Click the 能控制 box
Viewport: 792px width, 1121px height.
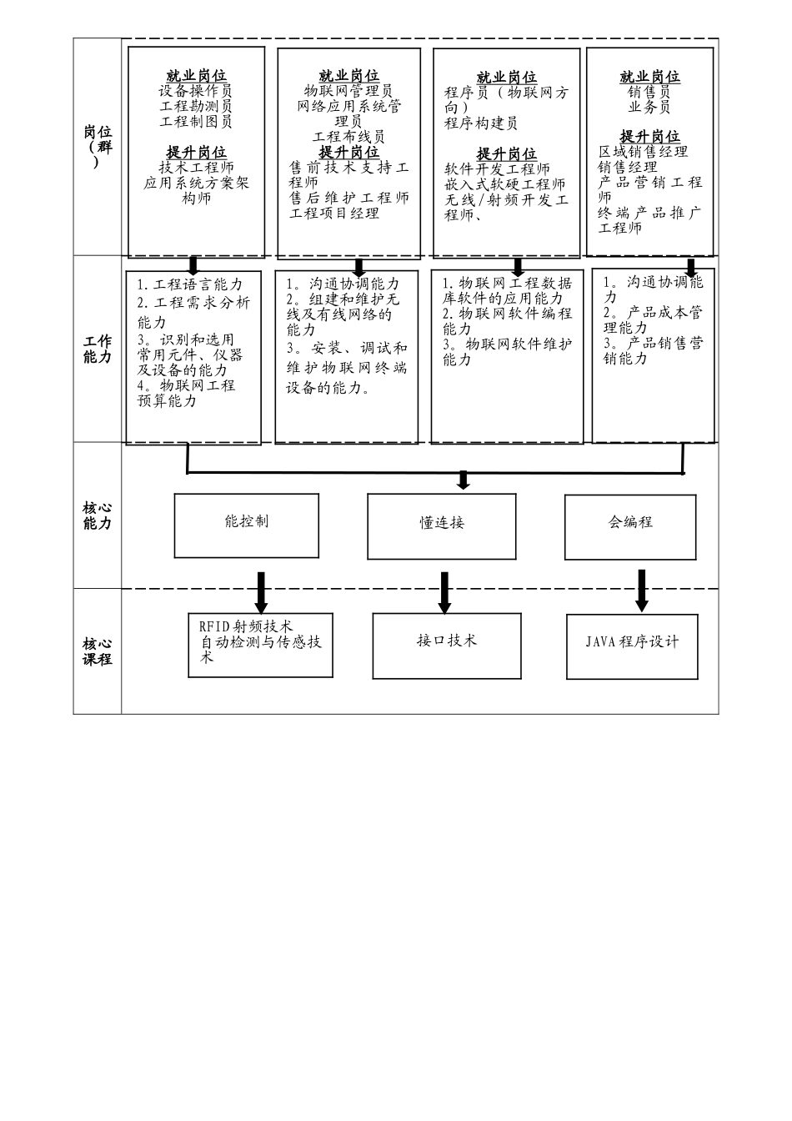(x=246, y=525)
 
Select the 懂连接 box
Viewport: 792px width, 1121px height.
(x=441, y=525)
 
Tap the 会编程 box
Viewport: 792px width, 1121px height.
(x=630, y=526)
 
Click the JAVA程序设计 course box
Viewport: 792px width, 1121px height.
(x=632, y=646)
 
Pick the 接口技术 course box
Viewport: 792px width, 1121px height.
(x=447, y=645)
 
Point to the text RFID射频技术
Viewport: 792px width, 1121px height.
(x=246, y=626)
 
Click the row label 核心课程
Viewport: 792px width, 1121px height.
(x=97, y=651)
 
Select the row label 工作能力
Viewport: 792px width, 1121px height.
(x=97, y=349)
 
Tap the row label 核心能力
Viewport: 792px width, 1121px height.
(x=97, y=515)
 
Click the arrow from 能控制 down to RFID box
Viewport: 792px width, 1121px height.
(x=261, y=592)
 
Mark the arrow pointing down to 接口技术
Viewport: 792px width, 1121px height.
(x=444, y=592)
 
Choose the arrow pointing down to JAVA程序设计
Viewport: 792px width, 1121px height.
(x=641, y=591)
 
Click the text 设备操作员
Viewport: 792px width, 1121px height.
(x=196, y=91)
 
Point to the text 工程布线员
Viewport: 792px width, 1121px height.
(x=348, y=137)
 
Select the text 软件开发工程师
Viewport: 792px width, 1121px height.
(x=497, y=169)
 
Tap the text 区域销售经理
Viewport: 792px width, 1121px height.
(x=643, y=152)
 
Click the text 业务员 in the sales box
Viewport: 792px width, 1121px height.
(x=649, y=107)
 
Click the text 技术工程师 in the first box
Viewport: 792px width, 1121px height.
(x=197, y=168)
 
